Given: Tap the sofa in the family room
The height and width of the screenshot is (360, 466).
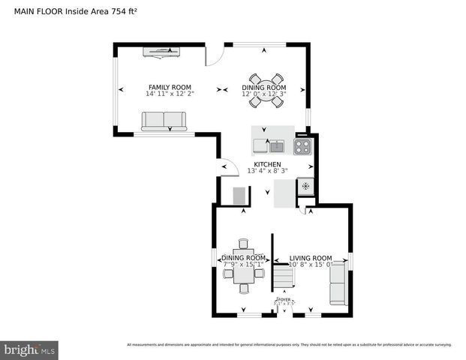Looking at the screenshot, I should point(164,121).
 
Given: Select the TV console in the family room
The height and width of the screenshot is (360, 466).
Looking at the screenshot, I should point(163,51).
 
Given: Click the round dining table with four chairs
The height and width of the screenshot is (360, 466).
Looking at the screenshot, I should point(266,89).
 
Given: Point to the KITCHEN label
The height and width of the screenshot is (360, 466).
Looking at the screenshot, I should point(267,164).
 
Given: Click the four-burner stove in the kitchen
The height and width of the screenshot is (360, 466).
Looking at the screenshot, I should point(302,146).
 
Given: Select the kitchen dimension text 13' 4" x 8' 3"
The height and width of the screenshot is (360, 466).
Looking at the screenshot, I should point(267,171).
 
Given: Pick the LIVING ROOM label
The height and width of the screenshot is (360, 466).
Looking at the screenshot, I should point(311,257).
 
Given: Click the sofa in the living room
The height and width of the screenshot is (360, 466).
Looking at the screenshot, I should point(338,283).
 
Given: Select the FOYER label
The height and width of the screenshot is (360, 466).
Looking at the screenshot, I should point(284,299).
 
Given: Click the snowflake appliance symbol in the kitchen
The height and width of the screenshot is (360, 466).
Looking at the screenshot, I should point(305,184).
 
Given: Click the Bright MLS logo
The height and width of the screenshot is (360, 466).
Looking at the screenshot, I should point(30,349).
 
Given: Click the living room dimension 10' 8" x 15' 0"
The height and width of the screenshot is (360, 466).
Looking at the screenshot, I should point(311,264).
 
